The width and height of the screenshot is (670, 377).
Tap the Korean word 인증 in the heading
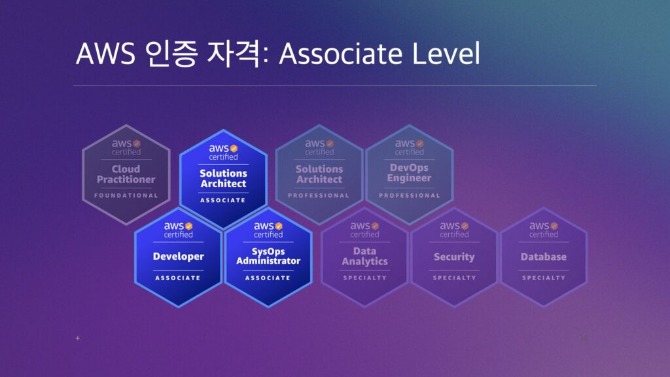(171, 54)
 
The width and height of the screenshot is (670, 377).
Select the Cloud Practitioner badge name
(126, 174)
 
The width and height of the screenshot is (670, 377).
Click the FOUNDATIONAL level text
(126, 195)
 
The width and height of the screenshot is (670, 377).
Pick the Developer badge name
(178, 257)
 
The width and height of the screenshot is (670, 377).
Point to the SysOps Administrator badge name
(268, 256)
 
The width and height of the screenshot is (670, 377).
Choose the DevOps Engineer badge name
(410, 173)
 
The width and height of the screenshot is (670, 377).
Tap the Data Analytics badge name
(364, 257)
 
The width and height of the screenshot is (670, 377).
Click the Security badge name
(454, 257)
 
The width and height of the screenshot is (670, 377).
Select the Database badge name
(544, 257)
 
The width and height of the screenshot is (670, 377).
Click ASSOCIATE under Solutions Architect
(223, 200)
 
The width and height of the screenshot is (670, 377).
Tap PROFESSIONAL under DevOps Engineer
(410, 195)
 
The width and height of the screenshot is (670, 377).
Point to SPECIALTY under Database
(544, 278)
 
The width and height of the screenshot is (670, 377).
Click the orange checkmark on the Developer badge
(189, 226)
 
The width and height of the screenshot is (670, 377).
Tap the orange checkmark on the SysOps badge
(279, 226)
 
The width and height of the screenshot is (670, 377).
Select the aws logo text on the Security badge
(450, 226)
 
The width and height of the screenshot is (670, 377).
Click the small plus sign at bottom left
(77, 338)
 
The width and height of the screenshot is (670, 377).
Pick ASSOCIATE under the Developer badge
(178, 278)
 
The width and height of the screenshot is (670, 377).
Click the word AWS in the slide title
(105, 54)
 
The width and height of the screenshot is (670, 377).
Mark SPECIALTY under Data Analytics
(364, 278)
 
